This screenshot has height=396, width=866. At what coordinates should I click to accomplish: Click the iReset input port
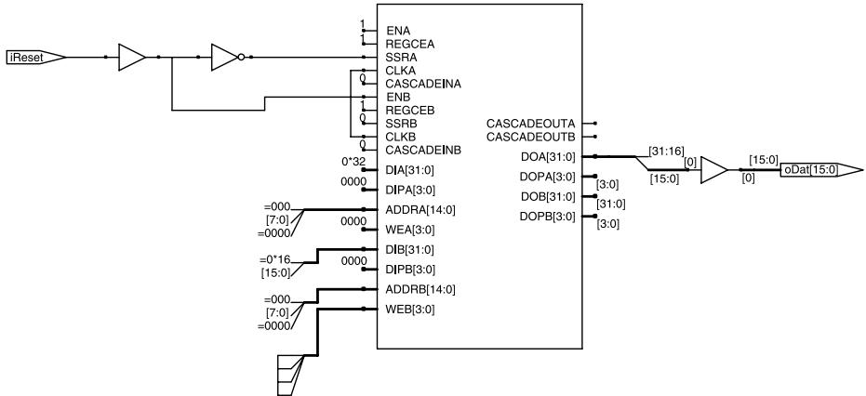pyautogui.click(x=37, y=57)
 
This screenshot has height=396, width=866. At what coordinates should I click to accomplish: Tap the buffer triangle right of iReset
pyautogui.click(x=132, y=57)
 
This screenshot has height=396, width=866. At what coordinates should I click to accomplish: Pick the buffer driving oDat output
pyautogui.click(x=714, y=170)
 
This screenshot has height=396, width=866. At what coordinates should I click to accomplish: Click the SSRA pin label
pyautogui.click(x=401, y=57)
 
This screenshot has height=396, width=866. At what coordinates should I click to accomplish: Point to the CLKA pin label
pyautogui.click(x=400, y=70)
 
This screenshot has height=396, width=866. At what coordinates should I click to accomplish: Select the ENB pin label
pyautogui.click(x=397, y=97)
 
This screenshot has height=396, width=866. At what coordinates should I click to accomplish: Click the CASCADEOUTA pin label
pyautogui.click(x=531, y=123)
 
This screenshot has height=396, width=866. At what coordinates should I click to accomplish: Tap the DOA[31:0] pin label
pyautogui.click(x=547, y=157)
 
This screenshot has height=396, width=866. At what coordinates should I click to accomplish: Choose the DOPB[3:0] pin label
pyautogui.click(x=547, y=217)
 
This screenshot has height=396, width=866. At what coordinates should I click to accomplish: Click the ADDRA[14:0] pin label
pyautogui.click(x=420, y=210)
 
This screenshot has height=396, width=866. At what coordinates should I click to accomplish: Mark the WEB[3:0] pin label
pyautogui.click(x=410, y=310)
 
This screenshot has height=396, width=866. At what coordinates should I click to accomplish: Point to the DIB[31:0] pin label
pyautogui.click(x=410, y=250)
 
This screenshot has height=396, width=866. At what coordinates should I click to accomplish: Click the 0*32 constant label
pyautogui.click(x=353, y=161)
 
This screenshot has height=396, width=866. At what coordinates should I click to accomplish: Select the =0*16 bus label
pyautogui.click(x=275, y=259)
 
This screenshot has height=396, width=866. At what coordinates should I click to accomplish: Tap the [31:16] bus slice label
pyautogui.click(x=664, y=151)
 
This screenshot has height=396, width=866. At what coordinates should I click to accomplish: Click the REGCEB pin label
pyautogui.click(x=410, y=110)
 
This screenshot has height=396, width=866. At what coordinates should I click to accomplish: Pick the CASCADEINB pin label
pyautogui.click(x=423, y=150)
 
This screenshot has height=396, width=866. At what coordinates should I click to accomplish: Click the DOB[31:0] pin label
pyautogui.click(x=547, y=197)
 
